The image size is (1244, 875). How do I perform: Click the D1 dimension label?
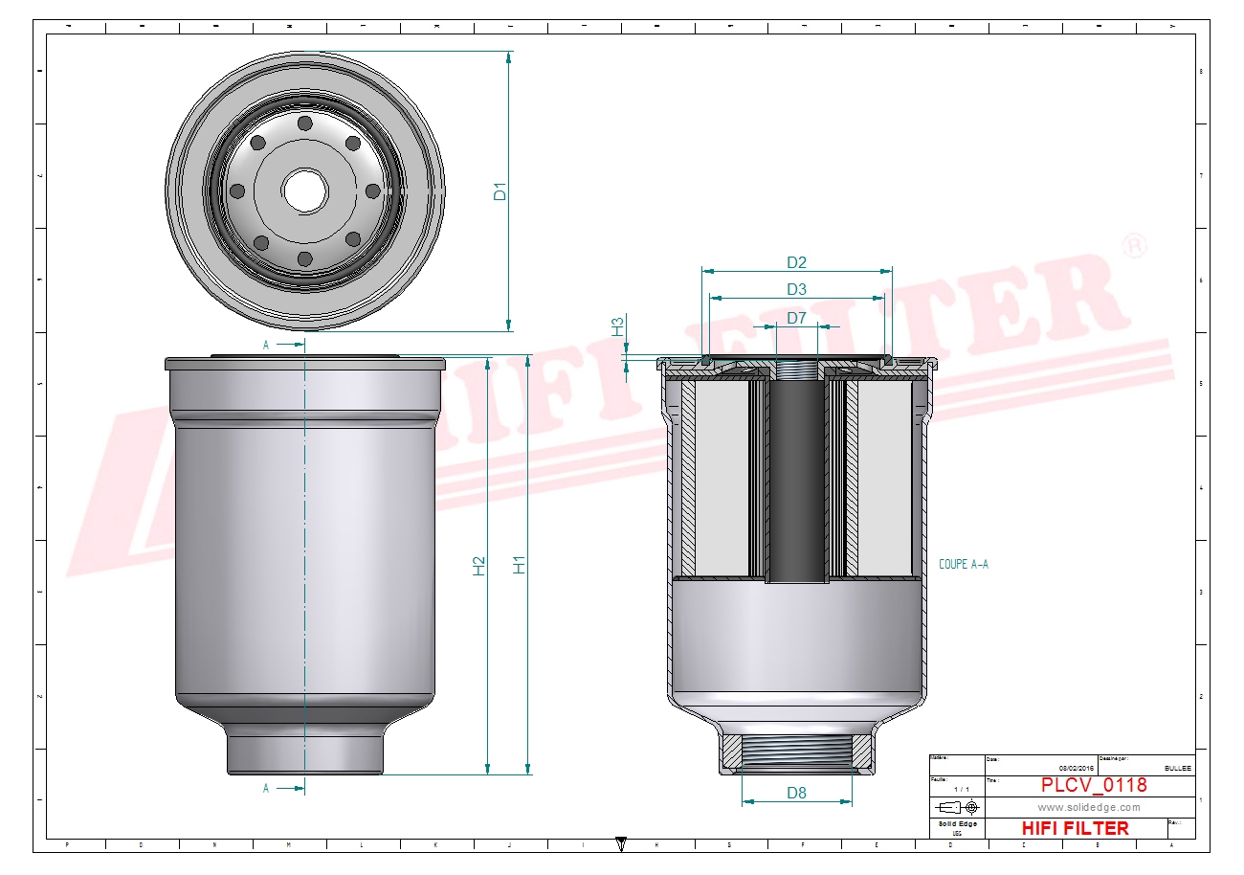coord(500,191)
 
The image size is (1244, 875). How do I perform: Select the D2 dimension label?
coord(796,262)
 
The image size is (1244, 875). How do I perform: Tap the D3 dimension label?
coord(796,289)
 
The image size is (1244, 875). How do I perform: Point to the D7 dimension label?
coord(796,317)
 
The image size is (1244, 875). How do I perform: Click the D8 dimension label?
coord(796,792)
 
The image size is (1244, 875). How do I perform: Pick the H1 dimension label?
coord(520,565)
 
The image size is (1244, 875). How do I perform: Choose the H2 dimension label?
coord(480,565)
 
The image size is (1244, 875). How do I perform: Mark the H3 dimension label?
coord(618,325)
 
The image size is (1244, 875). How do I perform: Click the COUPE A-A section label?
coord(964,565)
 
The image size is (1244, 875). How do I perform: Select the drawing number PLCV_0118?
coord(1094,785)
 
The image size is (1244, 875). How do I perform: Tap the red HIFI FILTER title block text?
coord(1076,828)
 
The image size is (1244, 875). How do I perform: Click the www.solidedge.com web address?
coord(1089,808)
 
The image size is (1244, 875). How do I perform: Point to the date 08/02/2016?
coord(1076,768)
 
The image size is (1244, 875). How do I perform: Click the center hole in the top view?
coord(304,191)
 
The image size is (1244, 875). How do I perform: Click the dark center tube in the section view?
coord(797,479)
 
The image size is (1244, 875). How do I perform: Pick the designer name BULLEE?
coord(1178,768)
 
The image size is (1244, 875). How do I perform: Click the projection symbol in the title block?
coord(957,808)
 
